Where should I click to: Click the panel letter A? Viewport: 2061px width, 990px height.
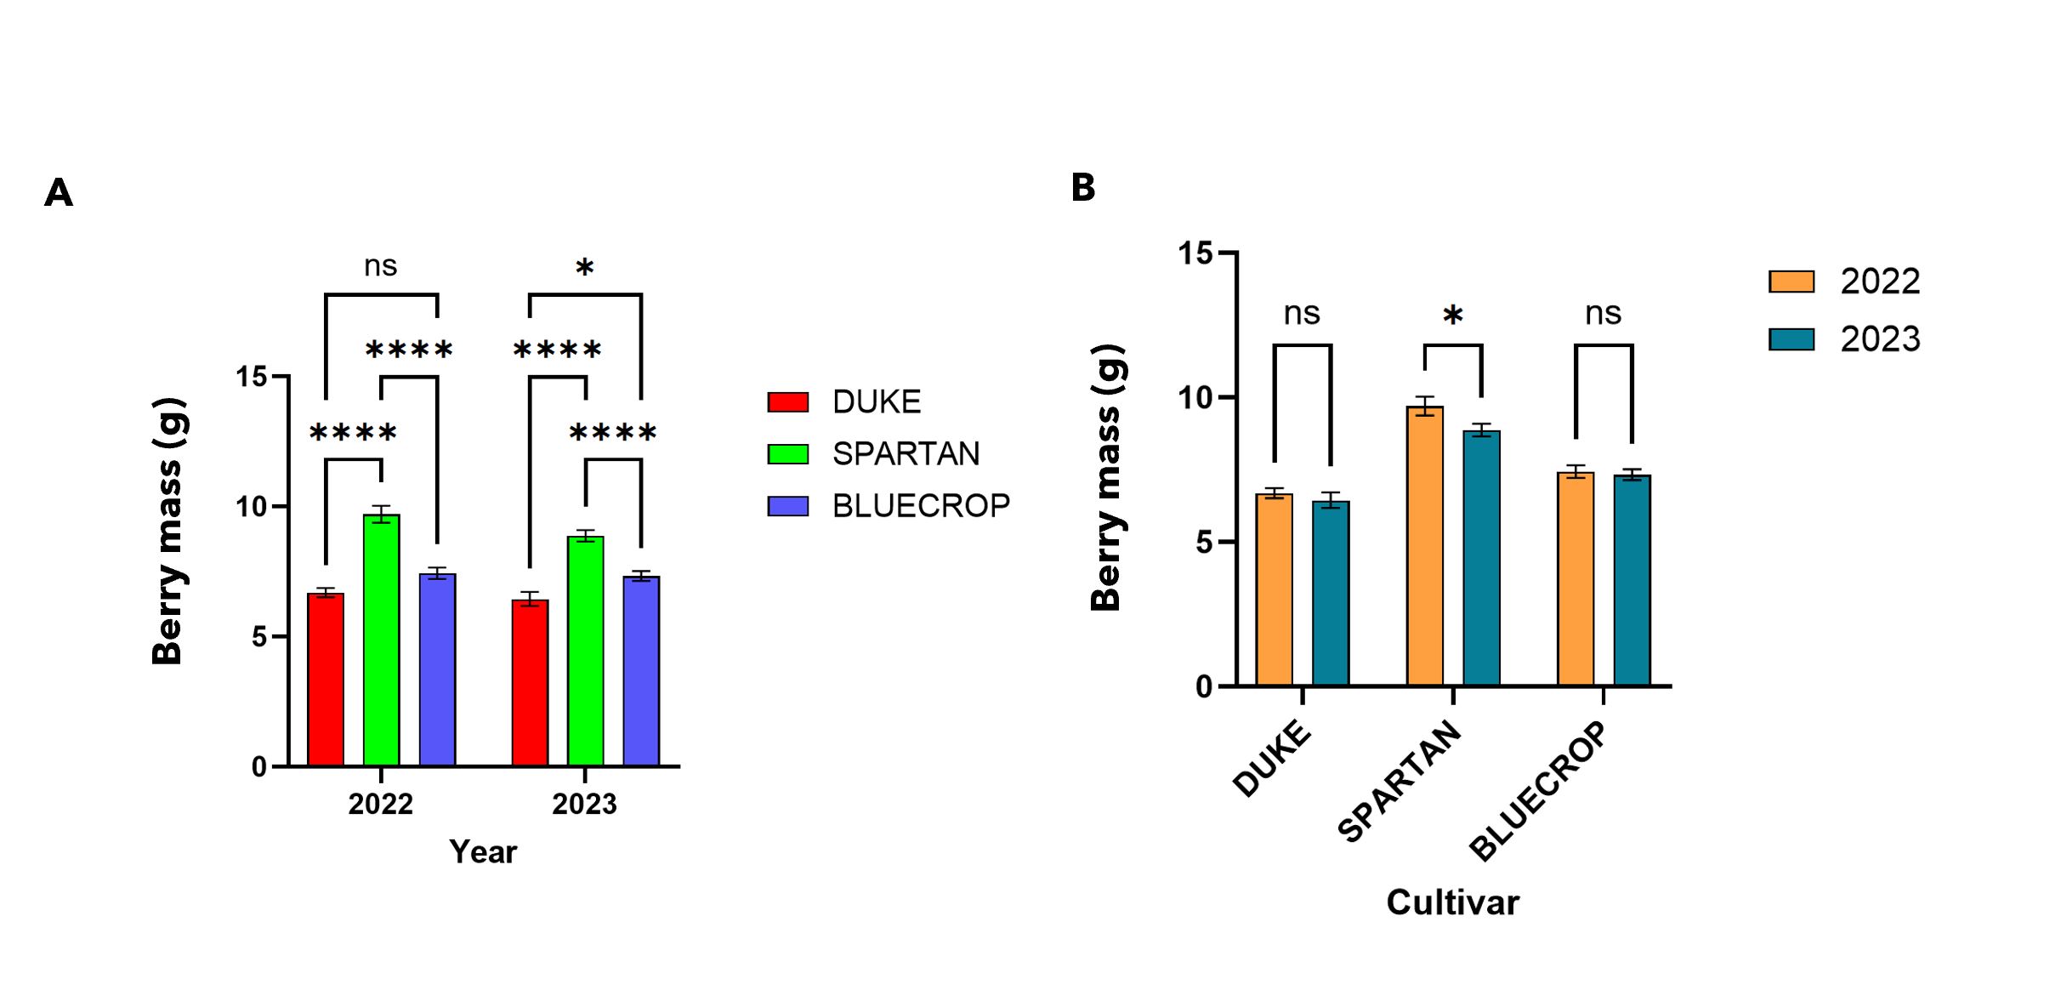pos(59,193)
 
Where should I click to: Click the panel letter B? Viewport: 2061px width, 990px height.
pos(1082,187)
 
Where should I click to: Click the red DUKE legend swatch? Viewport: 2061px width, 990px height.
pos(787,402)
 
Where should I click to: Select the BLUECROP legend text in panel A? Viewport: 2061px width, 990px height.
pos(920,506)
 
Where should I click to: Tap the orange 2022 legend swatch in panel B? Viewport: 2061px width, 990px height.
pos(1791,282)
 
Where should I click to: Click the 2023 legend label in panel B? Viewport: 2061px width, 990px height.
pos(1880,339)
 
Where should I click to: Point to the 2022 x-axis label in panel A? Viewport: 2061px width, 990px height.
pos(380,804)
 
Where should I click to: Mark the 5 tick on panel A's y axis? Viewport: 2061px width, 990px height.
pos(258,637)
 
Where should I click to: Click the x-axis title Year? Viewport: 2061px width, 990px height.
pos(482,851)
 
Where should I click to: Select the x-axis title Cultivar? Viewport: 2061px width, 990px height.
pos(1452,902)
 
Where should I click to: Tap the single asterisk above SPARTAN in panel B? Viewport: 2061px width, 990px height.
pos(1452,316)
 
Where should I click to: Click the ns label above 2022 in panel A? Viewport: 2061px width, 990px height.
pos(380,266)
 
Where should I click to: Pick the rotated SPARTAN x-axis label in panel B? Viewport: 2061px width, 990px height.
pos(1399,780)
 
